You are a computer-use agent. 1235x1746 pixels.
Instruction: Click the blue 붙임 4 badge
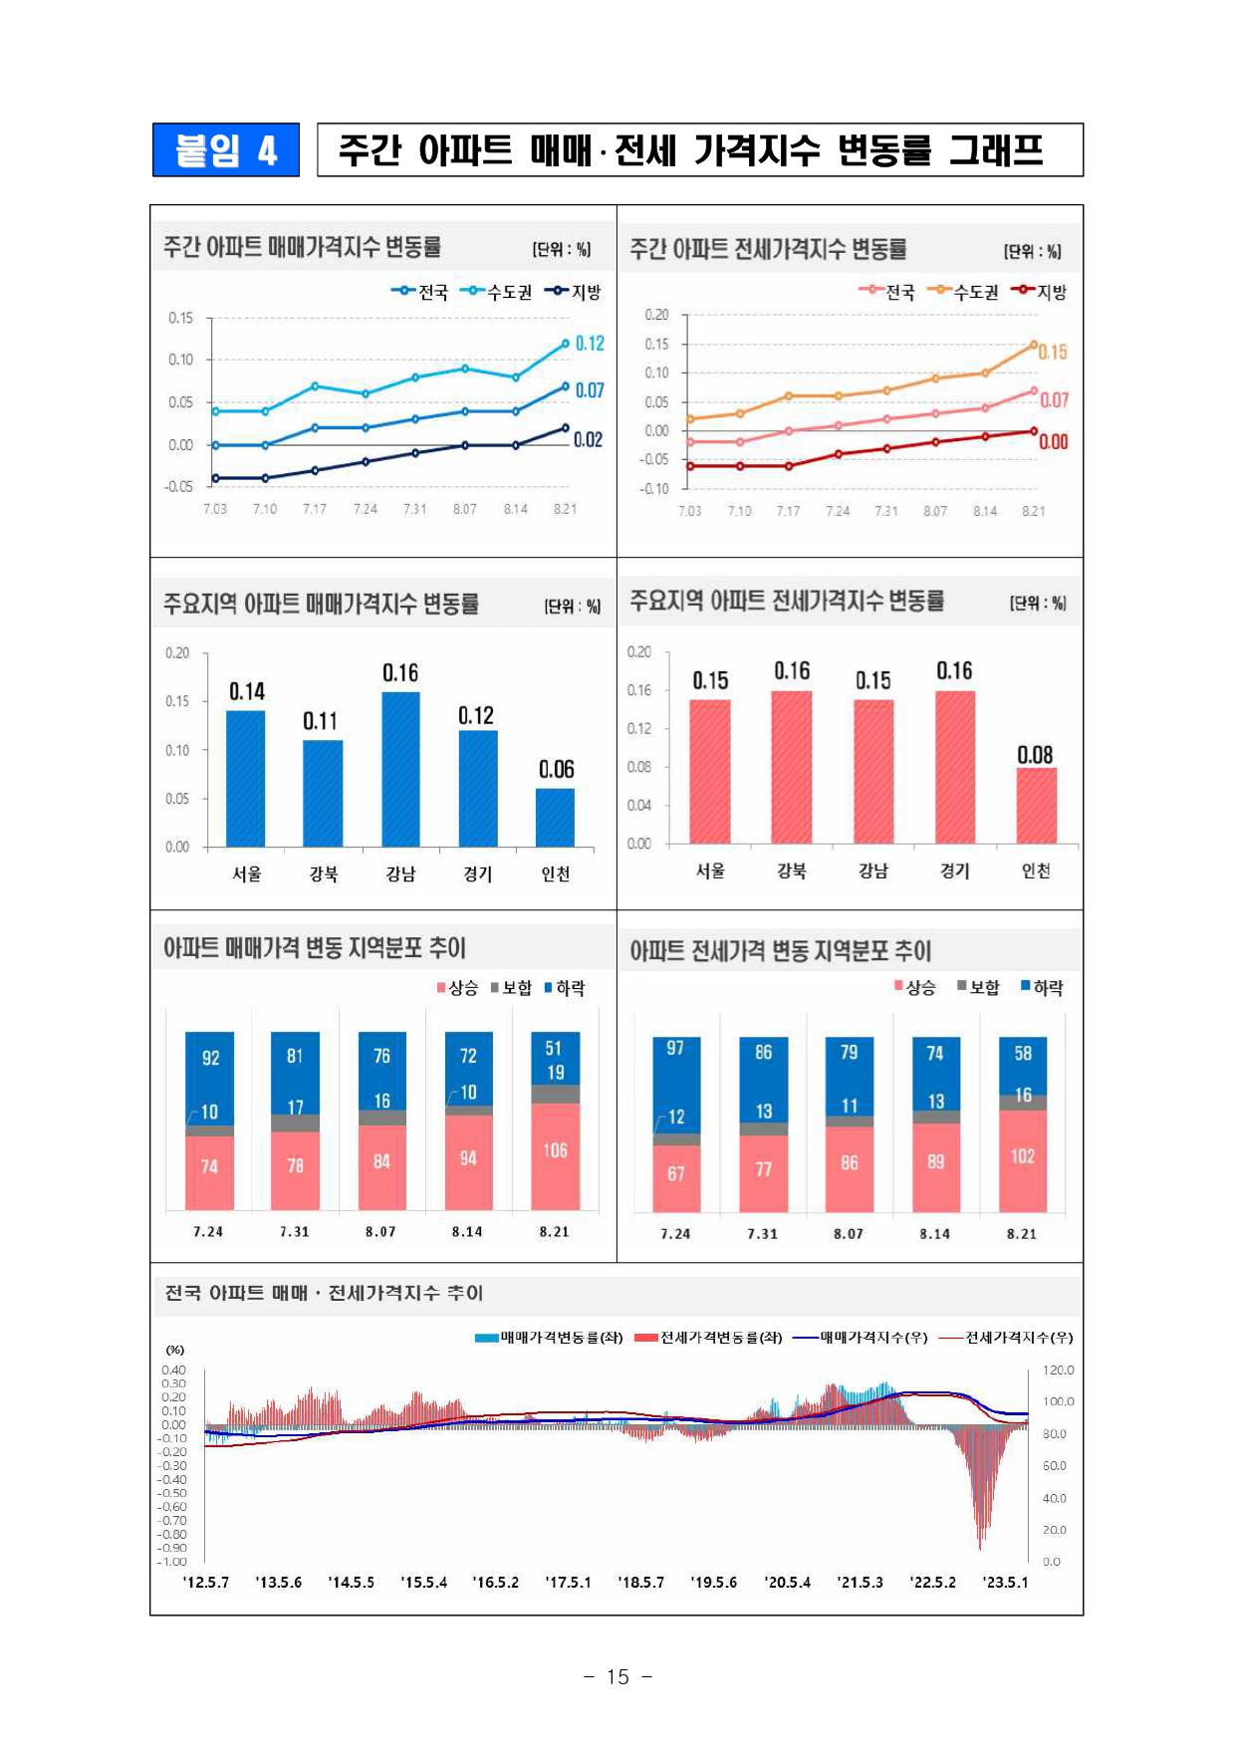pos(226,150)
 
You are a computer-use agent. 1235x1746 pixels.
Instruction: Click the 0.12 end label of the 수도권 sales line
pos(590,344)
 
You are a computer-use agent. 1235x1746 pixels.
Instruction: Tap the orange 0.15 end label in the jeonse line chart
pos(1053,353)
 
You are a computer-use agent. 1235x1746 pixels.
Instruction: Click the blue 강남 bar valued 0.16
pos(400,768)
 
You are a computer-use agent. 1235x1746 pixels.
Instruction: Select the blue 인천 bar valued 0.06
pos(555,817)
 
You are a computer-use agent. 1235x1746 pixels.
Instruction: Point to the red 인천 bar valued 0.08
pos(1036,805)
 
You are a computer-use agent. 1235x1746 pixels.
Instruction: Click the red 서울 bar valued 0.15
pos(710,771)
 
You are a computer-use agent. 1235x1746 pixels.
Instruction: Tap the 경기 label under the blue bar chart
pos(477,873)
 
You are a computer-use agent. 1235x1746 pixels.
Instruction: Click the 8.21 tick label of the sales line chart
pos(565,509)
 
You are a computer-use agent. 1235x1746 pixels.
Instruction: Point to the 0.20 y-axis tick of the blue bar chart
pos(177,653)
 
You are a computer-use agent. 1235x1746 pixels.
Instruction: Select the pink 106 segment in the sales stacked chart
pos(556,1155)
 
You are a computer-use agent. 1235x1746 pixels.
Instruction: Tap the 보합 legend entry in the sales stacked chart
pos(512,988)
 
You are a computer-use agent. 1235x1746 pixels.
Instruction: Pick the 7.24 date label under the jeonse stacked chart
pos(675,1233)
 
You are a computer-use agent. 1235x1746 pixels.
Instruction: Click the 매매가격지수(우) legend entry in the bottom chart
pos(863,1338)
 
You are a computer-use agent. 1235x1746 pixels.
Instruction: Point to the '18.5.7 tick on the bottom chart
pos(640,1582)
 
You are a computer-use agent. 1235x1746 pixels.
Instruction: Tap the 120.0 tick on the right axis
pos(1058,1371)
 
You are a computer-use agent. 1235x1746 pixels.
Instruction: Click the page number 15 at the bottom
pos(617,1676)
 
